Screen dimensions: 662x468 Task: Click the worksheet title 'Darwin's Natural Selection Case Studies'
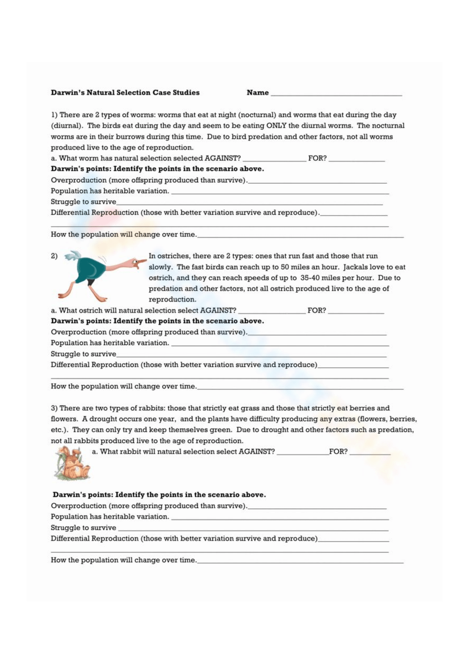(125, 93)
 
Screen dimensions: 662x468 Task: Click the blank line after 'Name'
(336, 94)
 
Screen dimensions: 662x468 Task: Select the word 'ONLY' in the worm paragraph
(276, 126)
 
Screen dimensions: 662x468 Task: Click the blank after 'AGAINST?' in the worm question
(274, 159)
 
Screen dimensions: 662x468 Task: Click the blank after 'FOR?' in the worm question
(357, 159)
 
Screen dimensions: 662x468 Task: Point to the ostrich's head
(139, 262)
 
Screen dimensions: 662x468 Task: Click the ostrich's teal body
(89, 269)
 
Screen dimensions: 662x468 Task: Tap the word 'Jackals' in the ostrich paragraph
(356, 267)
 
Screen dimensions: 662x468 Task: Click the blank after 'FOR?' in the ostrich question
(356, 312)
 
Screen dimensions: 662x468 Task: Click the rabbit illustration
(72, 464)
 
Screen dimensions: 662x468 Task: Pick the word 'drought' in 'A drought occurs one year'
(102, 419)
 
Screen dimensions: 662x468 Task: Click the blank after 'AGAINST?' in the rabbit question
(302, 453)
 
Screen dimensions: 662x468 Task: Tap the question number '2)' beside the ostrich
(54, 256)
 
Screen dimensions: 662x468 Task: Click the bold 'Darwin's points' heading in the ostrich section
(81, 321)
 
